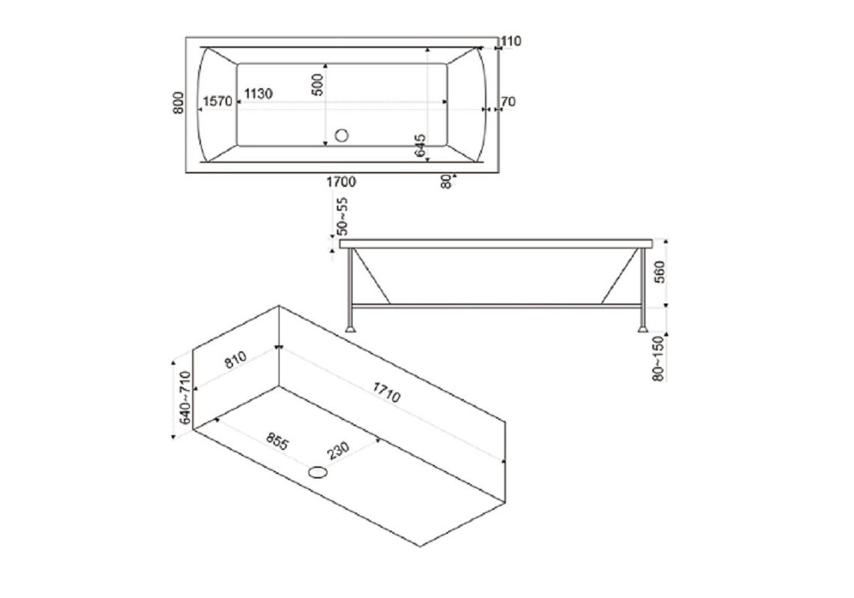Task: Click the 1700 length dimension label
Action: pyautogui.click(x=340, y=182)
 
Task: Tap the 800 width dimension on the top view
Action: pyautogui.click(x=178, y=103)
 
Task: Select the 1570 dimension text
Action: pyautogui.click(x=217, y=102)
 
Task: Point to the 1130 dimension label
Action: pyautogui.click(x=258, y=94)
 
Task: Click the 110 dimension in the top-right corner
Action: pyautogui.click(x=512, y=42)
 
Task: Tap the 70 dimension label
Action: pyautogui.click(x=510, y=102)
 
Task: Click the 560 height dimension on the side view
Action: pyautogui.click(x=658, y=274)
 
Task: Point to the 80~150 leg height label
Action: pyautogui.click(x=658, y=359)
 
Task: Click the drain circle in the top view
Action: pyautogui.click(x=343, y=135)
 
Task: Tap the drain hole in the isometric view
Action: pyautogui.click(x=318, y=471)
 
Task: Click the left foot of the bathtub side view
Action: pyautogui.click(x=350, y=327)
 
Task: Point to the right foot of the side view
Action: pyautogui.click(x=642, y=327)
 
